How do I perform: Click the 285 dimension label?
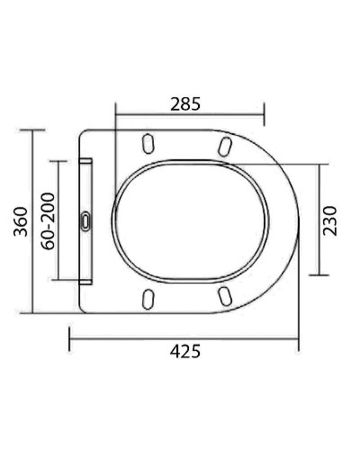pyautogui.click(x=185, y=103)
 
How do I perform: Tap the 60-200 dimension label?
pyautogui.click(x=49, y=220)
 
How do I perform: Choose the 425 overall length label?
pyautogui.click(x=185, y=351)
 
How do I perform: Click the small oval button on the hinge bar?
pyautogui.click(x=85, y=220)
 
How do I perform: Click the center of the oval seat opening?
pyautogui.click(x=192, y=220)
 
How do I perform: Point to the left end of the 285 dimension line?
pyautogui.click(x=117, y=114)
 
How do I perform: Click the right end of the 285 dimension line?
pyautogui.click(x=264, y=114)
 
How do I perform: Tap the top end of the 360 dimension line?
pyautogui.click(x=34, y=130)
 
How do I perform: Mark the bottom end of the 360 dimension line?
pyautogui.click(x=34, y=313)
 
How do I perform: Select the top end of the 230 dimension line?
pyautogui.click(x=320, y=164)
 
